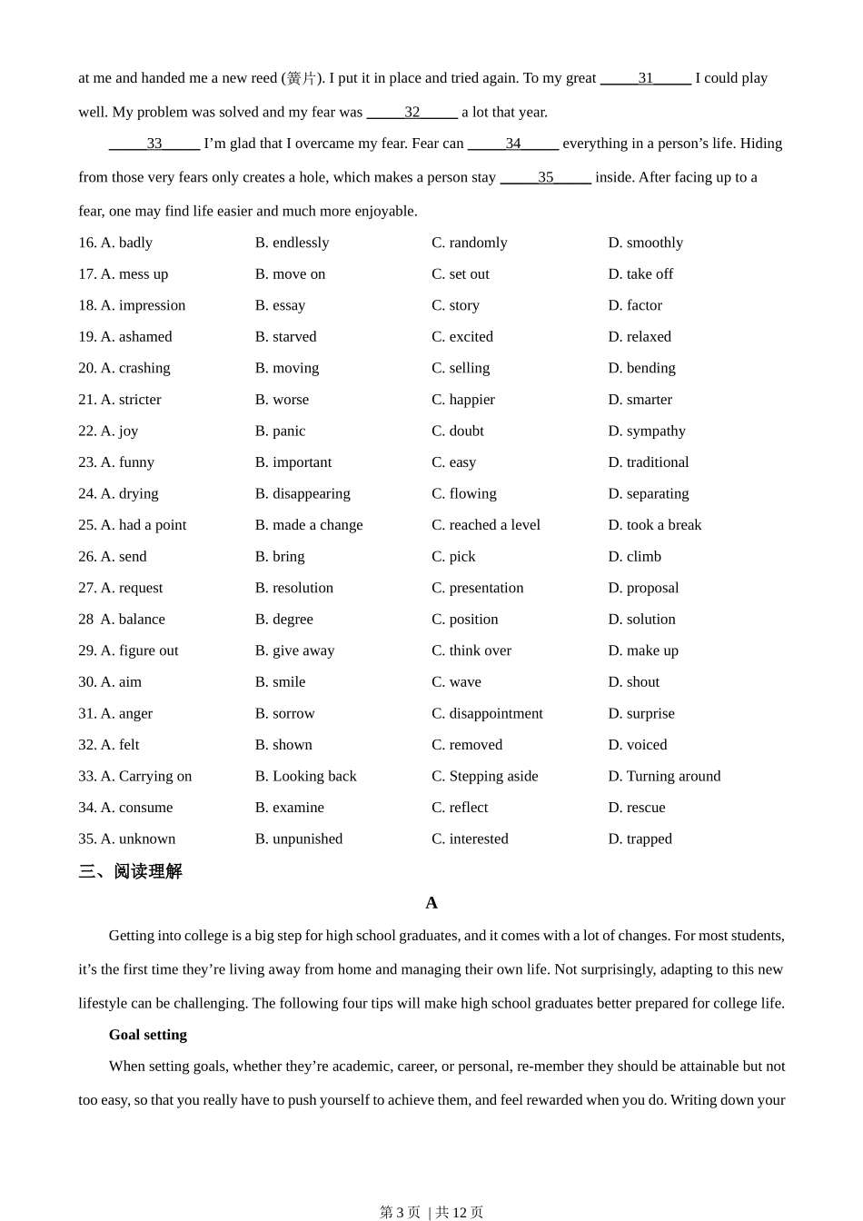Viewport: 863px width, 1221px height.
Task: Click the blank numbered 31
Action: click(x=645, y=78)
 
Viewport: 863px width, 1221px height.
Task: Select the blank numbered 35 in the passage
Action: click(x=545, y=177)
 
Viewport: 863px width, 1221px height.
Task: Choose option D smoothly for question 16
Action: click(x=645, y=243)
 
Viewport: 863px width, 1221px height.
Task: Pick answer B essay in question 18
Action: click(x=280, y=305)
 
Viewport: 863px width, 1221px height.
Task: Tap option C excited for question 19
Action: click(x=461, y=336)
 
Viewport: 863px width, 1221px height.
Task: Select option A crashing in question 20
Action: click(x=134, y=368)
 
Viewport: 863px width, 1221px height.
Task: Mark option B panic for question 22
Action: click(x=280, y=431)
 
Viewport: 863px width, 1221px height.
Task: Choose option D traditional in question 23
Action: click(x=648, y=462)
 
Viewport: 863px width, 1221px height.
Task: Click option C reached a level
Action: click(x=485, y=525)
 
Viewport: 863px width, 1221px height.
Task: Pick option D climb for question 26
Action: click(x=634, y=556)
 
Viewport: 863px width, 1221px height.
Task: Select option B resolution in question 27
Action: click(x=293, y=588)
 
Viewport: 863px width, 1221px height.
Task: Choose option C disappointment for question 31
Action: click(x=487, y=713)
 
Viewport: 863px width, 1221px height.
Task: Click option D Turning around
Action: click(x=664, y=776)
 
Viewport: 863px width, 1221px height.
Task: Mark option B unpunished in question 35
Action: click(x=298, y=839)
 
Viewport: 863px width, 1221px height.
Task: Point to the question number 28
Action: click(x=85, y=619)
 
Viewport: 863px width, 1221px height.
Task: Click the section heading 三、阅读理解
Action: click(x=130, y=871)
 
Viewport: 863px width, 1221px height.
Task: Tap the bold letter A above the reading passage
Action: click(x=431, y=902)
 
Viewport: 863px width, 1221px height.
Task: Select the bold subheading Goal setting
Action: click(x=147, y=1035)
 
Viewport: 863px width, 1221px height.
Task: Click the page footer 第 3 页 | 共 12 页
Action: click(x=431, y=1212)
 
